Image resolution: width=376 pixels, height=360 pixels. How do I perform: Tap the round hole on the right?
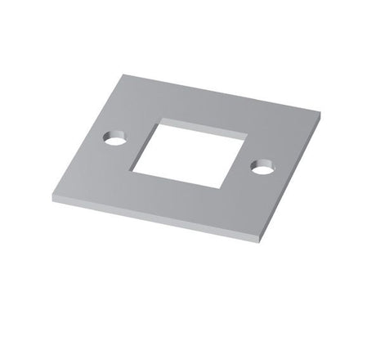click(x=262, y=168)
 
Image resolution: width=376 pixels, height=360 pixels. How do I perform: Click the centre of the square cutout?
click(x=190, y=155)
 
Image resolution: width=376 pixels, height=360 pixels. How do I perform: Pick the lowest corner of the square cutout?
click(x=220, y=189)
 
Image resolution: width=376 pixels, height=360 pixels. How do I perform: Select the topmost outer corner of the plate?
click(x=124, y=75)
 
